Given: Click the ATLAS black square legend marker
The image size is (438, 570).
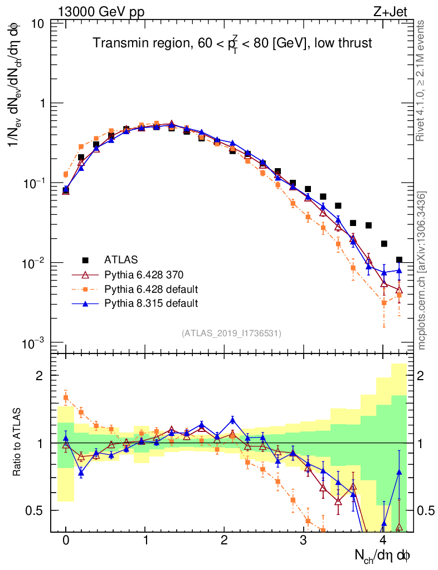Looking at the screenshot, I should [85, 259].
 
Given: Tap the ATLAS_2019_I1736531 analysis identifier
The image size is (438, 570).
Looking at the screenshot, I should [231, 333].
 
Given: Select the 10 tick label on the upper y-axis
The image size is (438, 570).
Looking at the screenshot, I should [38, 24].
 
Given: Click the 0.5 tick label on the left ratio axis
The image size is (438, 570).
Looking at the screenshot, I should [37, 510].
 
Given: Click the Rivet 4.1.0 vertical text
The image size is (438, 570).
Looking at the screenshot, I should [422, 81].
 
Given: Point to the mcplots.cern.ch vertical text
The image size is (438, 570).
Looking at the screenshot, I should [422, 270].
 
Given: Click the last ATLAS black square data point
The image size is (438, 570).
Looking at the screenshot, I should [399, 260].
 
